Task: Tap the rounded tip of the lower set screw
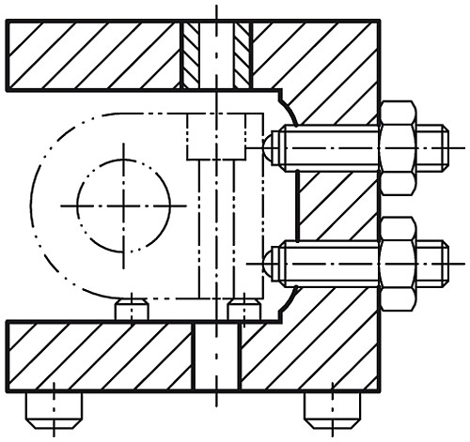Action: tap(270, 263)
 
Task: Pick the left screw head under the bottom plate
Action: tap(54, 405)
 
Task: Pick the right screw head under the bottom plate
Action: tap(331, 405)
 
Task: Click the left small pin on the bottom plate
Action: tap(132, 310)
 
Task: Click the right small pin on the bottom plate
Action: tap(243, 310)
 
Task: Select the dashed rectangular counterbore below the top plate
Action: tap(224, 135)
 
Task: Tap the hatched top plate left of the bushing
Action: tap(94, 54)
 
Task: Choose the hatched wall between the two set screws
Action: tap(334, 205)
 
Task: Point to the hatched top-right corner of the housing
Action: tap(320, 56)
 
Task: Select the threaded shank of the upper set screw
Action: tap(329, 148)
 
